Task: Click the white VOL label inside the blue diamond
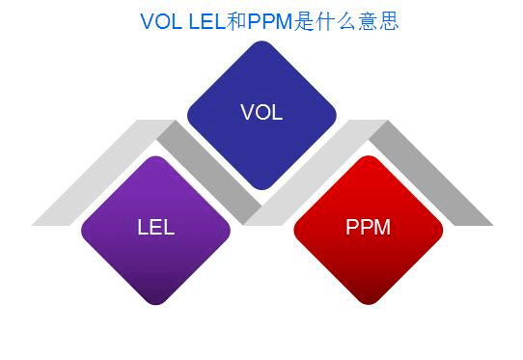(x=261, y=112)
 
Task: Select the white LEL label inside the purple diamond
(x=155, y=228)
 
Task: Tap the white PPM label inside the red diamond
(x=368, y=228)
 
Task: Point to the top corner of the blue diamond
(x=261, y=41)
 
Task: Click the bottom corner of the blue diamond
(x=261, y=188)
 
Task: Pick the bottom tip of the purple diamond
(x=155, y=303)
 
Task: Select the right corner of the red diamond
(x=442, y=230)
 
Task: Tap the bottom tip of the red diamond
(x=368, y=303)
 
